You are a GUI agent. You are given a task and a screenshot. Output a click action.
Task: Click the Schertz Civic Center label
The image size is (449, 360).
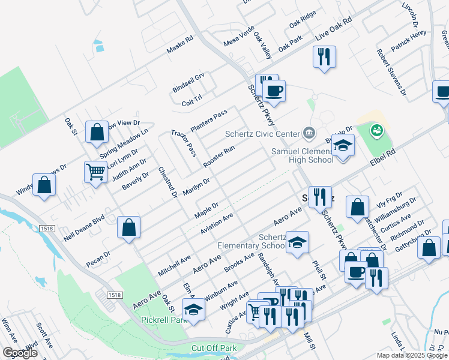pos(262,134)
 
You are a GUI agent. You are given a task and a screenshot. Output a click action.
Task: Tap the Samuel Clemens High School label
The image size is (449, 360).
pos(302,155)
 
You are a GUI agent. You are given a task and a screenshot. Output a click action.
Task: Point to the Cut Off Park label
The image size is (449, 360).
pos(214,348)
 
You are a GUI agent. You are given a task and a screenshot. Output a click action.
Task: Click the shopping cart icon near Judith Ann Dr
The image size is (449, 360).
pos(96,172)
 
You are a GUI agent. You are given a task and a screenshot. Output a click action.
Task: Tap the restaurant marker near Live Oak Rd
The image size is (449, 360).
pos(324,57)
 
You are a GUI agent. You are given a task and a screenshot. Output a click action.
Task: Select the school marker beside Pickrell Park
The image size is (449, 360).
pos(193,310)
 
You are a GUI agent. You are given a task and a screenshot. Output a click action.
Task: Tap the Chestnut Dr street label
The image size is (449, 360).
pos(167,182)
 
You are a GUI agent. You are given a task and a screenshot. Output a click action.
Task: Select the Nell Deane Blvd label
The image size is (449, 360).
pos(83,229)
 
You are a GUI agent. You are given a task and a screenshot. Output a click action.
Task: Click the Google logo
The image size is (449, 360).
pos(19,353)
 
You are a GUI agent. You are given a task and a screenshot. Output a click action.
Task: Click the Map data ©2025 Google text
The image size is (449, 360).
pos(412,355)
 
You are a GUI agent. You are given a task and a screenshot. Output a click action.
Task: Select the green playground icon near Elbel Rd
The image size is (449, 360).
pos(377,129)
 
